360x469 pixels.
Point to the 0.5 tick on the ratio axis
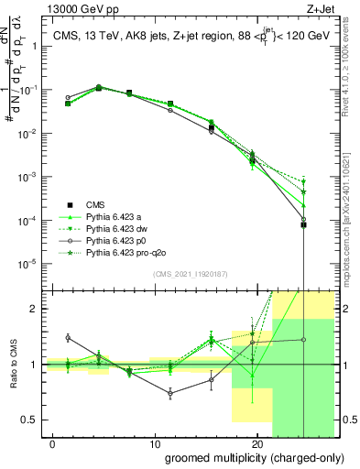pos(29,420)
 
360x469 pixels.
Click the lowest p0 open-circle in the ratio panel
pos(169,393)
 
